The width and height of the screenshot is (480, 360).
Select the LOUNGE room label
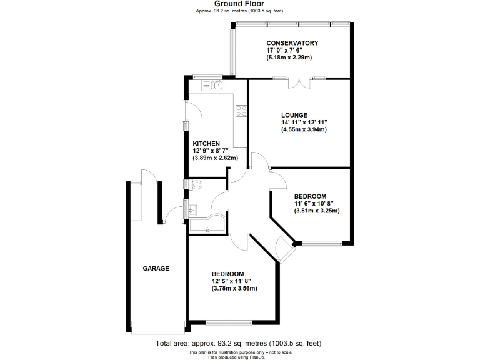[x=294, y=115]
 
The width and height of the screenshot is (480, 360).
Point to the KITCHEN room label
[x=207, y=143]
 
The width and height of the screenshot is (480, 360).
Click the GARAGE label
[x=156, y=268]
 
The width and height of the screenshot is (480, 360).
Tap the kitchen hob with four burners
[x=241, y=111]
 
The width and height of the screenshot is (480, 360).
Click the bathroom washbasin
[x=192, y=209]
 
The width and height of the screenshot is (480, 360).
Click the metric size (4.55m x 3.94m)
[x=304, y=130]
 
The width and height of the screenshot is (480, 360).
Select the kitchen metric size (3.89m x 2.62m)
[x=216, y=158]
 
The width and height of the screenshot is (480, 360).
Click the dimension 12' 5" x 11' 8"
[x=234, y=281]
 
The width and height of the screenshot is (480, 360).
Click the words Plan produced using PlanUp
[x=239, y=357]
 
